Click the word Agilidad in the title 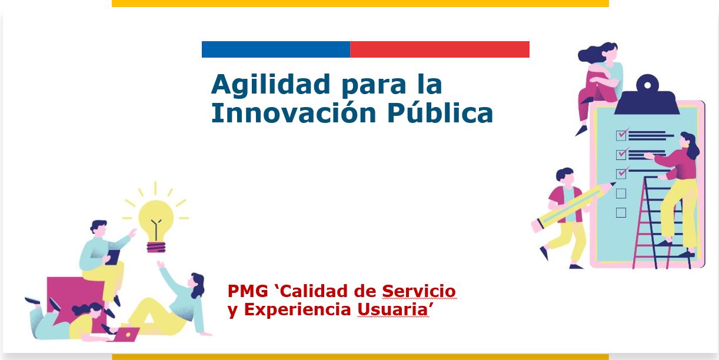pos(271,85)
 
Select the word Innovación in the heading pos(294,113)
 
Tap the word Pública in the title pos(440,113)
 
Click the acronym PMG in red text pos(248,291)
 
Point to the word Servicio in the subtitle pos(419,291)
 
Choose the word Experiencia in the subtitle pos(298,309)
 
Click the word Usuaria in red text pos(393,309)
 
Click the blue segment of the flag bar pos(276,49)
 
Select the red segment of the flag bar pos(440,49)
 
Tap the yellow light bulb pos(156,225)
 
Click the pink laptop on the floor pos(126,334)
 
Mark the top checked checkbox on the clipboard pos(621,135)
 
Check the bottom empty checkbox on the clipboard pos(621,212)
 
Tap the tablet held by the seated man pos(112,257)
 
